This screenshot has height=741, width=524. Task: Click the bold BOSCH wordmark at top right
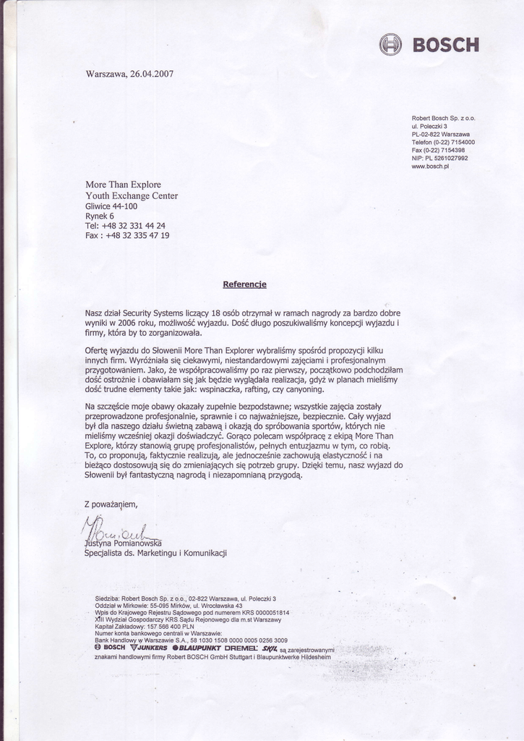pos(445,46)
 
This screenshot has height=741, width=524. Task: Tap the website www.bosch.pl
pos(430,166)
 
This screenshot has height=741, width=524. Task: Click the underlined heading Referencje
pos(245,284)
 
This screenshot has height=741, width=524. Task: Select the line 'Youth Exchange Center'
pos(132,195)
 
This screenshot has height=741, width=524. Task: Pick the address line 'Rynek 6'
pos(100,216)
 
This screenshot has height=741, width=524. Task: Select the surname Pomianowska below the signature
pos(138,543)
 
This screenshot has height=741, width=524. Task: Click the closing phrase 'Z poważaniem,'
pos(111,504)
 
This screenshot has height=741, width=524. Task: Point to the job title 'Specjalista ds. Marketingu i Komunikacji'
pos(156,553)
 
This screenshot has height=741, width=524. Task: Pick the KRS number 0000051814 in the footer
pos(267,612)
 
